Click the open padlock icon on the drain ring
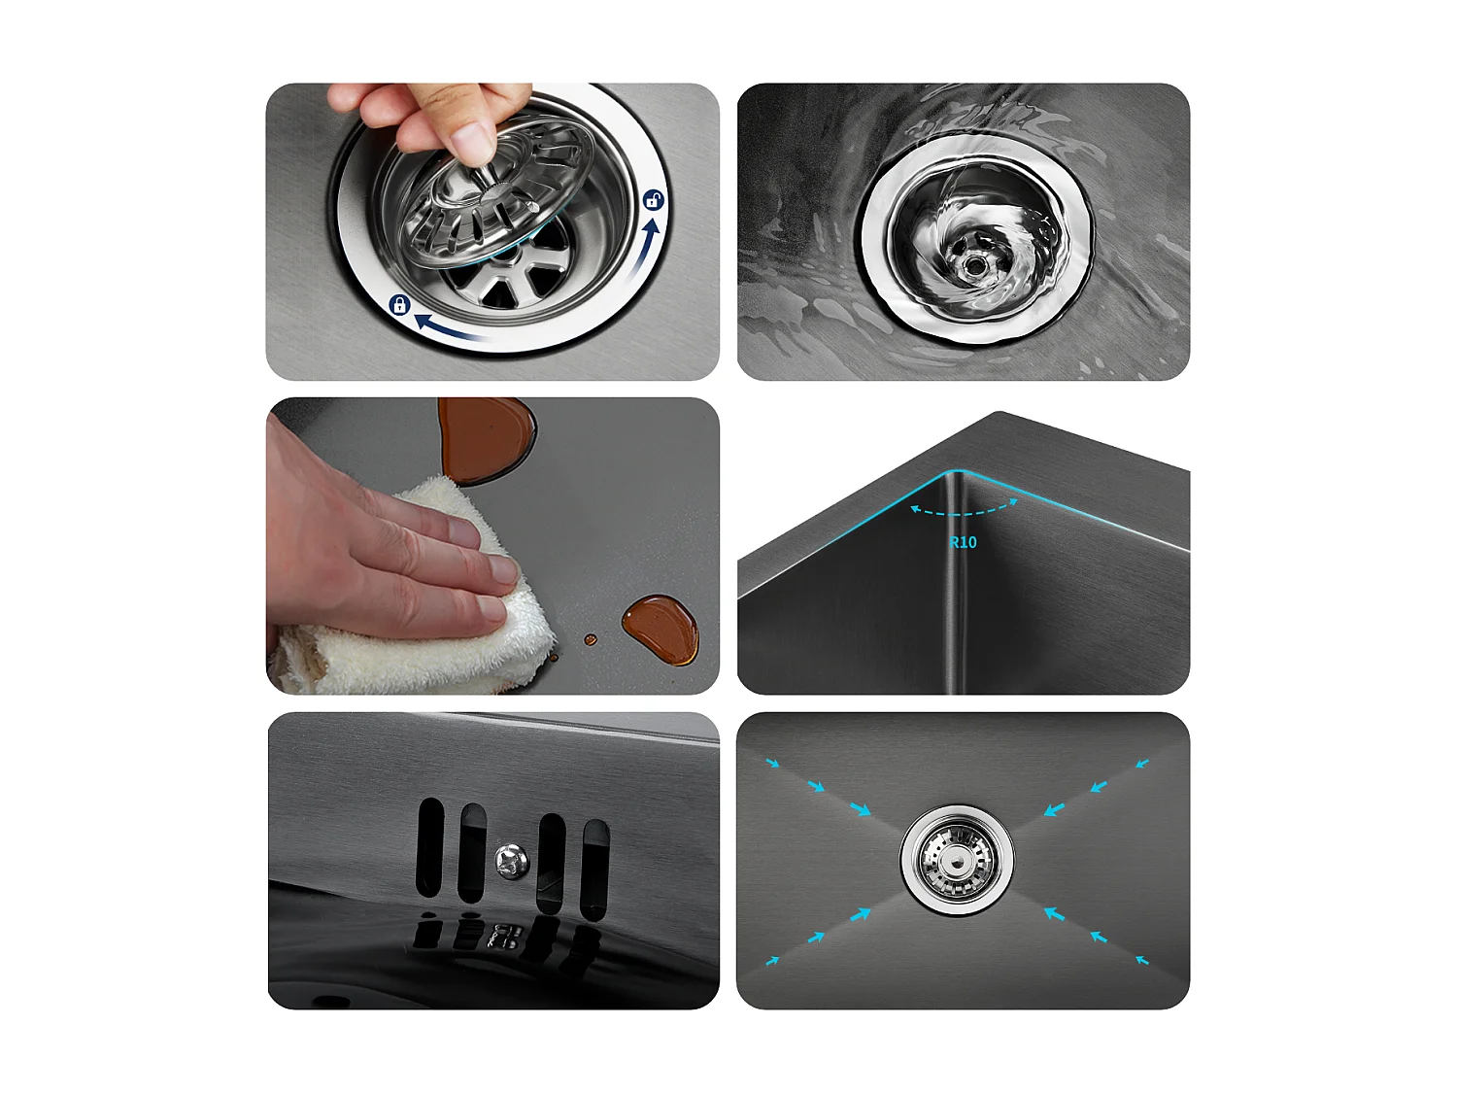click(654, 200)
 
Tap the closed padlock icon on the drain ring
click(398, 305)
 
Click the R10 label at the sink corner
click(963, 542)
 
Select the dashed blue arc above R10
click(963, 511)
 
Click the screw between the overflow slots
click(511, 859)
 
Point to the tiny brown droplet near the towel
click(590, 639)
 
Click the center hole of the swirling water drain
click(972, 263)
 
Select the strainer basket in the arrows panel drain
click(957, 859)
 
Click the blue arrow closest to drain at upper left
click(860, 808)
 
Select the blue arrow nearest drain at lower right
click(1054, 913)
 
